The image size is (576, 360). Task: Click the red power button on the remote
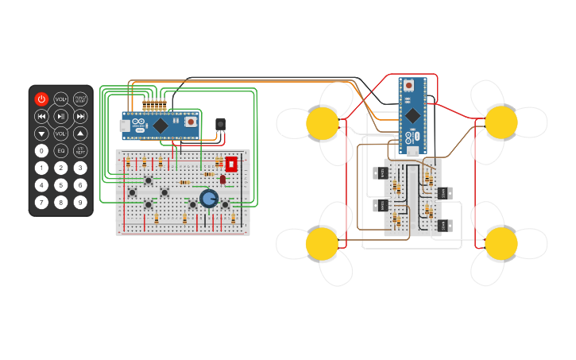(x=41, y=99)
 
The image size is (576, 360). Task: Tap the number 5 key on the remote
(x=61, y=185)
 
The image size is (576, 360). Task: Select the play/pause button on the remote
(x=61, y=117)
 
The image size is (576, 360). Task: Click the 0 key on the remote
(x=41, y=150)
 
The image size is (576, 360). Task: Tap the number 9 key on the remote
(x=80, y=202)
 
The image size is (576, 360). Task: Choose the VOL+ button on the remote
(x=61, y=100)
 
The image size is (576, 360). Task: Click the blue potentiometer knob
(x=209, y=198)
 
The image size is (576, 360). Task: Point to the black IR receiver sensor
(x=220, y=124)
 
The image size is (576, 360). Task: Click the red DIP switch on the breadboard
(x=231, y=165)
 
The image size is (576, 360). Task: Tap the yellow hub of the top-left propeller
(x=323, y=122)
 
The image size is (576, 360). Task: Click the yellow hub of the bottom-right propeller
(x=501, y=242)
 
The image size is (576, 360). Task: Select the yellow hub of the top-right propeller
(x=501, y=122)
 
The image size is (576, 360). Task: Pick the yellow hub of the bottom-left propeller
(x=323, y=243)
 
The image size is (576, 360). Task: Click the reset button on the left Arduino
(x=191, y=122)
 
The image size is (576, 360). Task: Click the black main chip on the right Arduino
(x=413, y=114)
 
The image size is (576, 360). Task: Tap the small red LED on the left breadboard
(x=222, y=180)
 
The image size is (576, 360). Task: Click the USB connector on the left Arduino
(x=125, y=126)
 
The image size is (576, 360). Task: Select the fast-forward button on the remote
(x=80, y=117)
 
